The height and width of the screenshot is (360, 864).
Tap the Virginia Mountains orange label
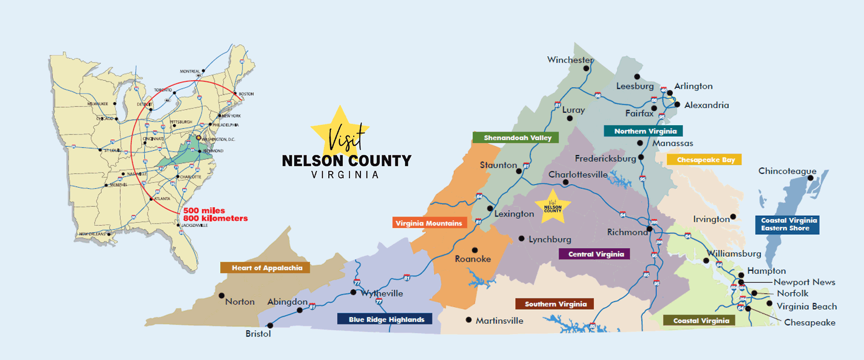[430, 223]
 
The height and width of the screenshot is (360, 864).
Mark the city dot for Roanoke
[475, 250]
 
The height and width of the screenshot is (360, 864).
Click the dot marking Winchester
[586, 69]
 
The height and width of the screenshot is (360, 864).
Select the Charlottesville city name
[578, 175]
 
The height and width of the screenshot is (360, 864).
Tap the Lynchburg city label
[550, 239]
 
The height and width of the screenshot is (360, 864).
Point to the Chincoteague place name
[787, 171]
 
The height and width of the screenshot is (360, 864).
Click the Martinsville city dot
[468, 320]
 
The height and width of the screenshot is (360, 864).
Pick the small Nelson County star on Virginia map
[552, 207]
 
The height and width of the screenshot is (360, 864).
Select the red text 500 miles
[204, 210]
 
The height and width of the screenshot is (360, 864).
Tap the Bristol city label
[258, 334]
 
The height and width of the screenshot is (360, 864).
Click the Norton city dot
[221, 296]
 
